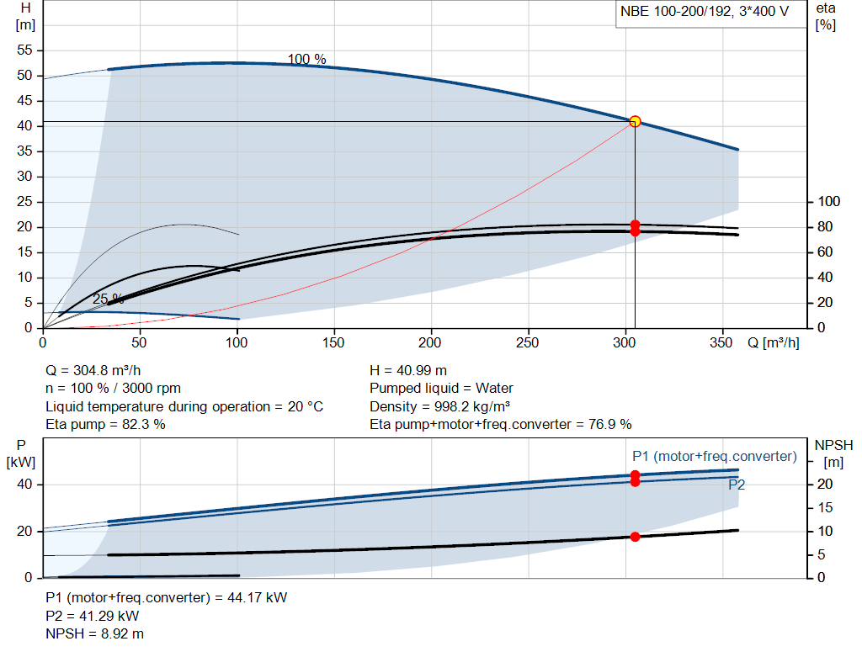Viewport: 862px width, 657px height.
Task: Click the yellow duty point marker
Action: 635,121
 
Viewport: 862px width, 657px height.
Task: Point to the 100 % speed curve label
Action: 306,59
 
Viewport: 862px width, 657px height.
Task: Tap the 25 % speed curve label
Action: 108,299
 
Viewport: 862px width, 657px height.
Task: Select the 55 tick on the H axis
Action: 24,50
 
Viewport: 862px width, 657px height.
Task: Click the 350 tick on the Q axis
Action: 721,342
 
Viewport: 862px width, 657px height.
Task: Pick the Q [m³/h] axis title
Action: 774,342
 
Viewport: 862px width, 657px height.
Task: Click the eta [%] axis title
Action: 826,17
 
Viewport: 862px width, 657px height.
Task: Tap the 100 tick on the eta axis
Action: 829,202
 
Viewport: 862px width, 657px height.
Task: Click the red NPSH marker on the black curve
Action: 635,537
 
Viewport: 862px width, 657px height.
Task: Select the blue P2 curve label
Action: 737,485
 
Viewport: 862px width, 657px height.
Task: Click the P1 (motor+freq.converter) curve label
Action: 715,457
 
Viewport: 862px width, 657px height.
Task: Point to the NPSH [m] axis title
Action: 833,453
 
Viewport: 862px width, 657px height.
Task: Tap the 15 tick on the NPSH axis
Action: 825,507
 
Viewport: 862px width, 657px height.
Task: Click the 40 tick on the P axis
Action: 24,484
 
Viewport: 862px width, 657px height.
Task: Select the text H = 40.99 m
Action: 408,371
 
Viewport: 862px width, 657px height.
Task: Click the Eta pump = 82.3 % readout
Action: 105,424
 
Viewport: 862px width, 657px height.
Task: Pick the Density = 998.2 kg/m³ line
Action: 439,406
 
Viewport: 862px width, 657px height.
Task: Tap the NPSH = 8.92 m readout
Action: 94,634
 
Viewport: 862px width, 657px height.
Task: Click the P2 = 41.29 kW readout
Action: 93,616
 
